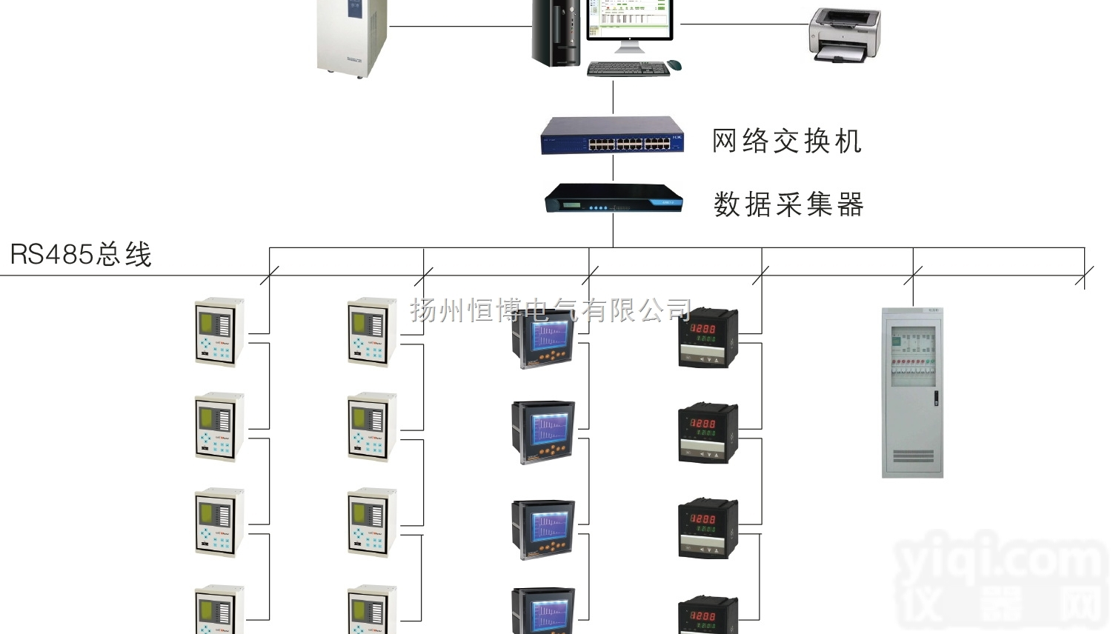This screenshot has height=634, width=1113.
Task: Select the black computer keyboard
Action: click(x=628, y=69)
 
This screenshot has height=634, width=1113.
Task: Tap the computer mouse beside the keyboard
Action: click(x=674, y=65)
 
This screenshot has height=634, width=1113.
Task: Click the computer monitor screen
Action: click(x=629, y=18)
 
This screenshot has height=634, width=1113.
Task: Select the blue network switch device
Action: click(x=612, y=136)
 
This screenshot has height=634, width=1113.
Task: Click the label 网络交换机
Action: click(x=787, y=141)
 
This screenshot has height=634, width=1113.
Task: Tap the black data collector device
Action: click(x=613, y=198)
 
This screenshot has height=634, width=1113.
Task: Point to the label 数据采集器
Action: click(x=788, y=204)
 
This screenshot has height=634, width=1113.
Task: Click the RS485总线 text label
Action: click(x=81, y=255)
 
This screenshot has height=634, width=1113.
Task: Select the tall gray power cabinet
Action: click(x=912, y=393)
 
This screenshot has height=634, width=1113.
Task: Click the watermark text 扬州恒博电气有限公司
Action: click(x=551, y=310)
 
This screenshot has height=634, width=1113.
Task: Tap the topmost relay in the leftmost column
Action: click(x=219, y=332)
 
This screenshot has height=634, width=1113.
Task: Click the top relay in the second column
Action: click(x=372, y=332)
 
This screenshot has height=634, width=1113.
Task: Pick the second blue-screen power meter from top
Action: click(x=543, y=433)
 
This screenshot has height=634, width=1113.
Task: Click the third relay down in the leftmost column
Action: click(x=219, y=522)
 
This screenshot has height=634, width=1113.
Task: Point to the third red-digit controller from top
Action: click(x=708, y=528)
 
